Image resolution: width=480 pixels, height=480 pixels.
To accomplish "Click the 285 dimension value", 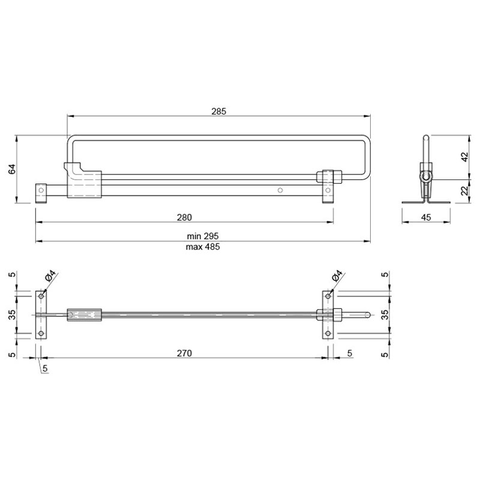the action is pos(218,111).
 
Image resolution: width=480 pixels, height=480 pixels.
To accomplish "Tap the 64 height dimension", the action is pos(11,169).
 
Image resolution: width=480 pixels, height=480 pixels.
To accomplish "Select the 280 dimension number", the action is pos(184,217).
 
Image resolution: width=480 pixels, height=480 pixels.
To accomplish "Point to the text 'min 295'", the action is pos(203,236).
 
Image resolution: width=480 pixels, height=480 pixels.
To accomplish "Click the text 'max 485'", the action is pos(203,247).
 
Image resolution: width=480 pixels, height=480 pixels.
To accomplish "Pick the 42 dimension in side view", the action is pos(464,157).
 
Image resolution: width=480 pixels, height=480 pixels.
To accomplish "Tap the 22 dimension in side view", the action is pos(464,190).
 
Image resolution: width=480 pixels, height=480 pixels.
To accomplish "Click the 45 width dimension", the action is pos(426,217).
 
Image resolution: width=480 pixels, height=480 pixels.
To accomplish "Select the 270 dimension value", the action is pos(184,353).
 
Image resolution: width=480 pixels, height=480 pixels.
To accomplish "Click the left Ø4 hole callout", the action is pos(50,276).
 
